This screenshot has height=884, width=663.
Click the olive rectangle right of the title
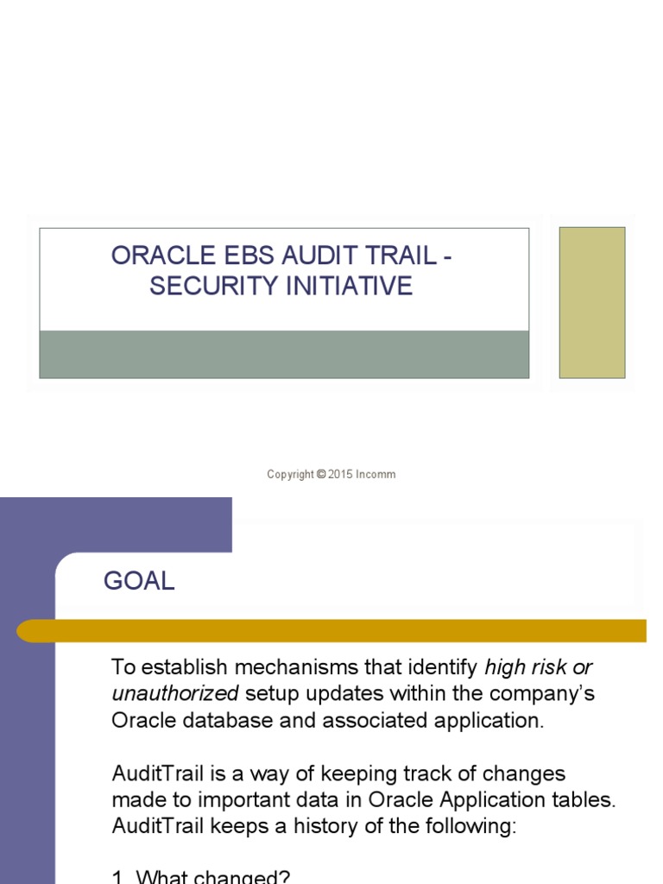pos(591,302)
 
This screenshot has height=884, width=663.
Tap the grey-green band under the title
pos(284,354)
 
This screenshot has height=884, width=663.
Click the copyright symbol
pos(321,474)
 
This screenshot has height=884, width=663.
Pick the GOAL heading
pos(139,582)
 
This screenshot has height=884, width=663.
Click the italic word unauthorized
pos(174,693)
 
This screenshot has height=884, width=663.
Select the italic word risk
pos(547,667)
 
